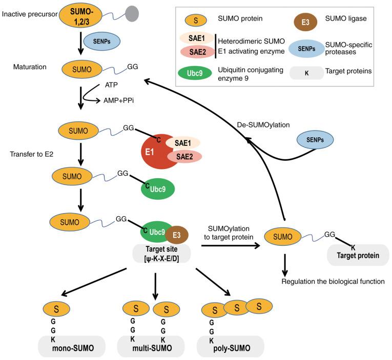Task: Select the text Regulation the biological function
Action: coord(333,281)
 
